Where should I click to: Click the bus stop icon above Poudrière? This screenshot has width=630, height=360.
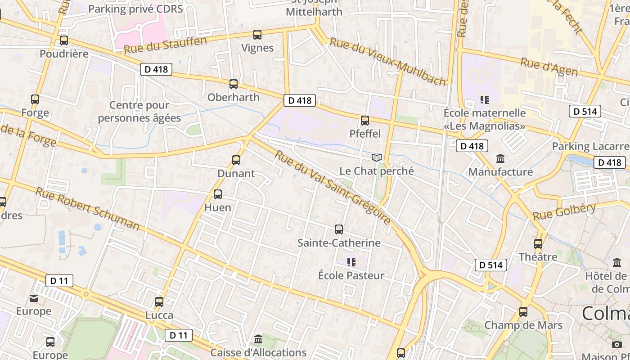[x=64, y=40]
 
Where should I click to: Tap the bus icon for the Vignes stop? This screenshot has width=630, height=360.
[x=257, y=35]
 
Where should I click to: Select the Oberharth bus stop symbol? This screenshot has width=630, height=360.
[x=234, y=84]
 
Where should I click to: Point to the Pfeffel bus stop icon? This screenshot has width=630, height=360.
[x=365, y=121]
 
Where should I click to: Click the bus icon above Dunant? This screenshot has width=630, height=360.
[x=236, y=160]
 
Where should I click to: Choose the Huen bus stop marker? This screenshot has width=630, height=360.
[x=218, y=194]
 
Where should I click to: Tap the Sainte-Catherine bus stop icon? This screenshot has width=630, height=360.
[x=339, y=229]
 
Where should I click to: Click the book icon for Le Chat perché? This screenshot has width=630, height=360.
[x=377, y=157]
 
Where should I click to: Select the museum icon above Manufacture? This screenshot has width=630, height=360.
[x=500, y=158]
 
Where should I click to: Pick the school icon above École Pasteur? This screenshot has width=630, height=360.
[x=351, y=262]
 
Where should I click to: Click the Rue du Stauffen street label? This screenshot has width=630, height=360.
[x=165, y=45]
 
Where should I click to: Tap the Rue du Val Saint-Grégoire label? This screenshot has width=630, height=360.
[x=333, y=187]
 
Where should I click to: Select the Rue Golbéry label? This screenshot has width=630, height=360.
[x=564, y=211]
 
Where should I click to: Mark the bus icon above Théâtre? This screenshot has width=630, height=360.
[x=538, y=244]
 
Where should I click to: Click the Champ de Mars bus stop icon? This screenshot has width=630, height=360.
[x=523, y=311]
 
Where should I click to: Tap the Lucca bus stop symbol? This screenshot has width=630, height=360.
[x=159, y=301]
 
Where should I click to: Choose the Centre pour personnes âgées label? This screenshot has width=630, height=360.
[x=139, y=112]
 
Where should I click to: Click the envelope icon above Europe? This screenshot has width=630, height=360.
[x=34, y=298]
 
